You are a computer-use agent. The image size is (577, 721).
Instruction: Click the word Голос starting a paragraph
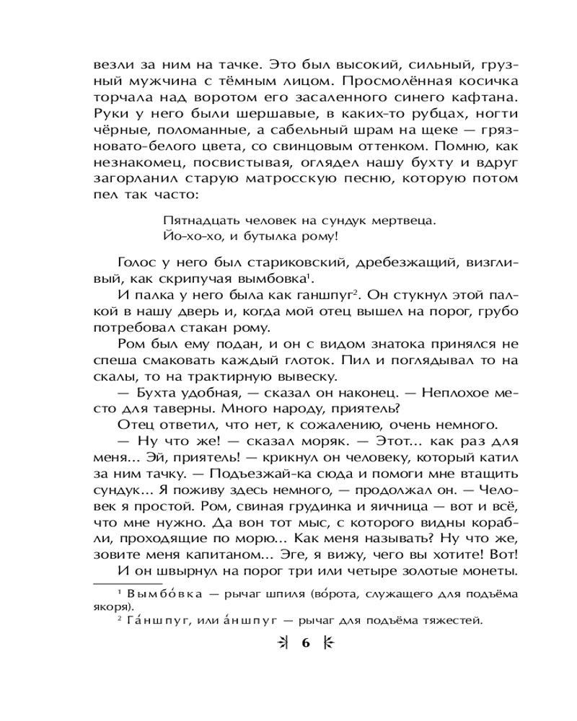click(x=138, y=262)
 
